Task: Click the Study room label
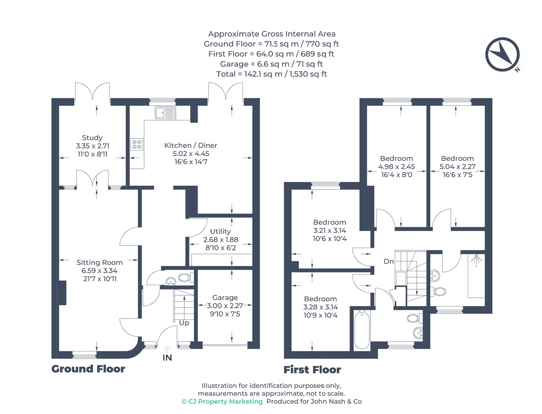pyautogui.click(x=92, y=138)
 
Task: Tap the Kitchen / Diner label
pyautogui.click(x=191, y=145)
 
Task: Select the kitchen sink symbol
pyautogui.click(x=165, y=113)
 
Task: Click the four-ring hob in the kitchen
pyautogui.click(x=137, y=144)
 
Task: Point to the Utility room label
pyautogui.click(x=220, y=231)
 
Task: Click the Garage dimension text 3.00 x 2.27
pyautogui.click(x=225, y=306)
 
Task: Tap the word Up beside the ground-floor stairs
pyautogui.click(x=184, y=323)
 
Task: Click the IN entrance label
pyautogui.click(x=167, y=358)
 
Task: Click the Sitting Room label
pyautogui.click(x=100, y=262)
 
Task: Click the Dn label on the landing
pyautogui.click(x=389, y=261)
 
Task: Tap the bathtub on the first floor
pyautogui.click(x=362, y=329)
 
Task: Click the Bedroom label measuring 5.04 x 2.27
pyautogui.click(x=457, y=158)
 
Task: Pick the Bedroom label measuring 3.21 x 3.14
pyautogui.click(x=329, y=222)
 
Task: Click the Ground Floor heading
pyautogui.click(x=88, y=369)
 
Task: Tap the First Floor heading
pyautogui.click(x=312, y=369)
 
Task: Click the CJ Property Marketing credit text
pyautogui.click(x=222, y=402)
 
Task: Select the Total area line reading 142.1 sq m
pyautogui.click(x=272, y=74)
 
